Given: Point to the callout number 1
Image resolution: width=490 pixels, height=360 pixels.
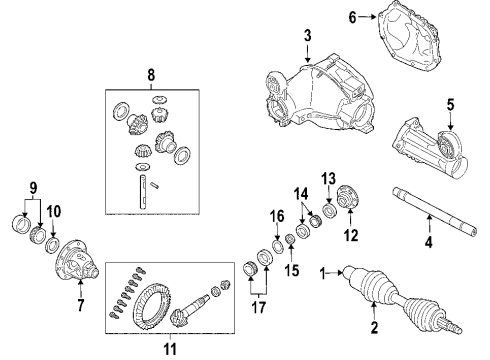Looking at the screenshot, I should pos(323,271).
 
